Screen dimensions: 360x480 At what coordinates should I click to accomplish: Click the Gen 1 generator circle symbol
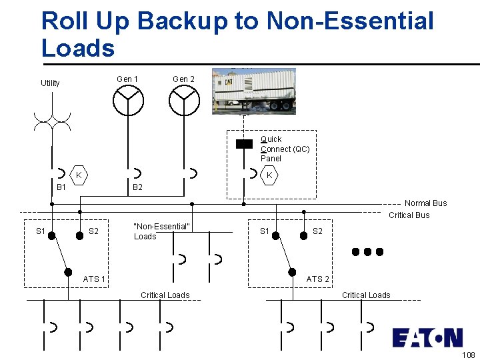[x=127, y=101]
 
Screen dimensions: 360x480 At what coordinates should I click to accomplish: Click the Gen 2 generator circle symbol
[x=184, y=101]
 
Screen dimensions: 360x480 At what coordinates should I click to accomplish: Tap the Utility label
[x=50, y=83]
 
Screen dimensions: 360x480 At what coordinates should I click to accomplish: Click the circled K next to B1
[x=79, y=175]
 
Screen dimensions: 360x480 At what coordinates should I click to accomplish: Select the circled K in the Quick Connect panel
[x=269, y=175]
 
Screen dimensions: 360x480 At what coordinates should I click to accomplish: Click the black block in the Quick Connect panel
[x=245, y=143]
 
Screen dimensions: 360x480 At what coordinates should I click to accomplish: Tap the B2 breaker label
[x=137, y=188]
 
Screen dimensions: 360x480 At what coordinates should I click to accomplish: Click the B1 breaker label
[x=61, y=188]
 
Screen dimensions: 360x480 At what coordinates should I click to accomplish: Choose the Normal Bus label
[x=426, y=203]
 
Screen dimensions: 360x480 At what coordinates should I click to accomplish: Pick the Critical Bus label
[x=409, y=215]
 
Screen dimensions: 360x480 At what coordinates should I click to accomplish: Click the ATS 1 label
[x=94, y=279]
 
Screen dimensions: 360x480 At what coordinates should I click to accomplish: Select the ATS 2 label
[x=318, y=279]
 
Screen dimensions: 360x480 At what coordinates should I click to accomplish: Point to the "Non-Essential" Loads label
[x=162, y=231]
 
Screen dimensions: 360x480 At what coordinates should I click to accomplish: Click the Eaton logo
[x=427, y=337]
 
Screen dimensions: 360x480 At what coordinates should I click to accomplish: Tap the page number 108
[x=468, y=355]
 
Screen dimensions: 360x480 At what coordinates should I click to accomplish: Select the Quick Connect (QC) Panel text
[x=285, y=149]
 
